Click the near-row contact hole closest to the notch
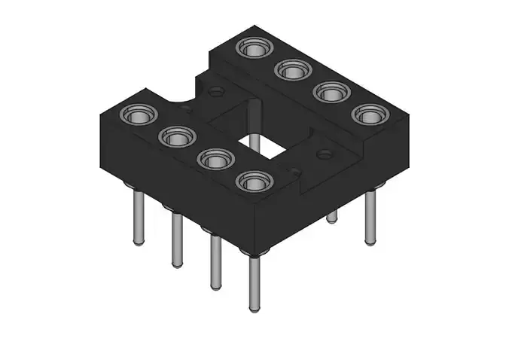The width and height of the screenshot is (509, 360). click(x=139, y=115)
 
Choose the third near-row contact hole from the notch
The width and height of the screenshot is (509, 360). click(x=214, y=159)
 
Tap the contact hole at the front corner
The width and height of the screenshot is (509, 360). click(x=254, y=181)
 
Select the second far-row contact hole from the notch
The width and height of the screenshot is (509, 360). click(x=291, y=70)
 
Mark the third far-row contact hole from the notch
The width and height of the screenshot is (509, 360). click(x=331, y=92)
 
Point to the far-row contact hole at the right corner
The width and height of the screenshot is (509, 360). click(x=370, y=114)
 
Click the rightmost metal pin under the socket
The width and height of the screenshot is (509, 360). click(x=370, y=218)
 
